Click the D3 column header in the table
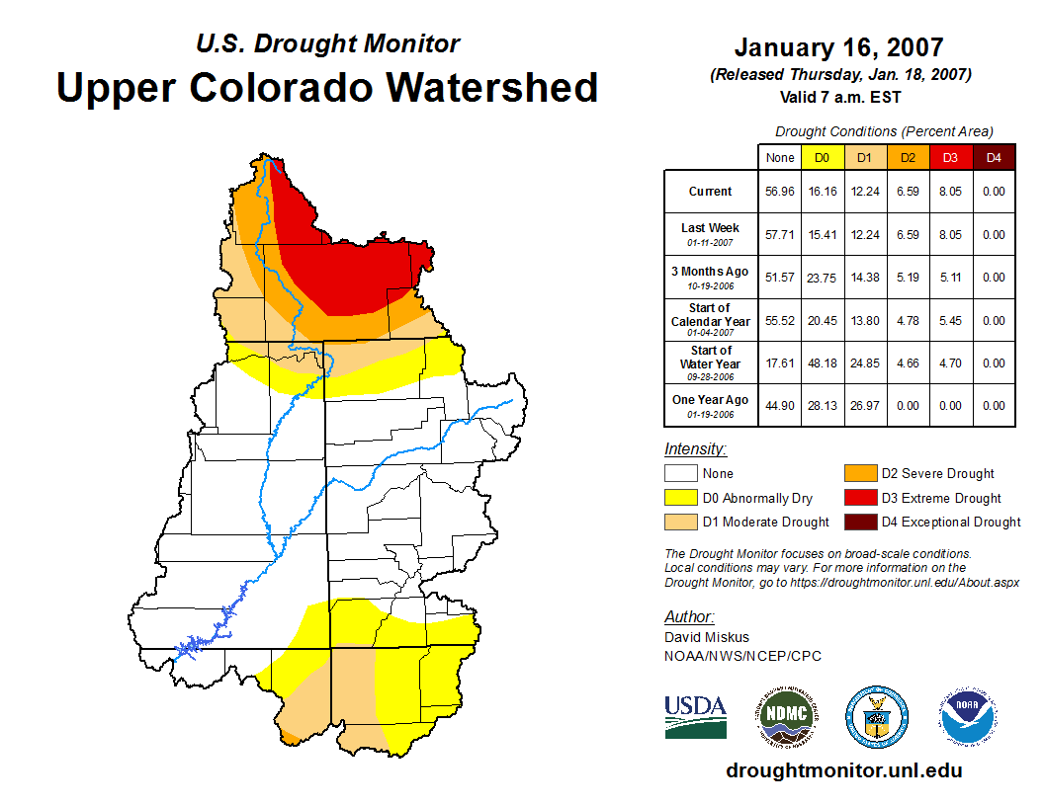click(x=949, y=157)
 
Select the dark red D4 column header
click(x=994, y=157)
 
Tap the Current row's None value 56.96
click(x=780, y=192)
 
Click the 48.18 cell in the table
click(x=823, y=363)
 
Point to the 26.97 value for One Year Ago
click(x=865, y=405)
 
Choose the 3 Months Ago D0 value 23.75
click(x=823, y=278)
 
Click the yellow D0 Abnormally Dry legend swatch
click(x=680, y=498)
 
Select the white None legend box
click(x=680, y=474)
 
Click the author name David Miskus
click(x=707, y=637)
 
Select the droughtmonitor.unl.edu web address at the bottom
click(x=843, y=770)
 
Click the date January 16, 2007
click(x=838, y=47)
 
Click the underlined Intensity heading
click(x=695, y=449)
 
